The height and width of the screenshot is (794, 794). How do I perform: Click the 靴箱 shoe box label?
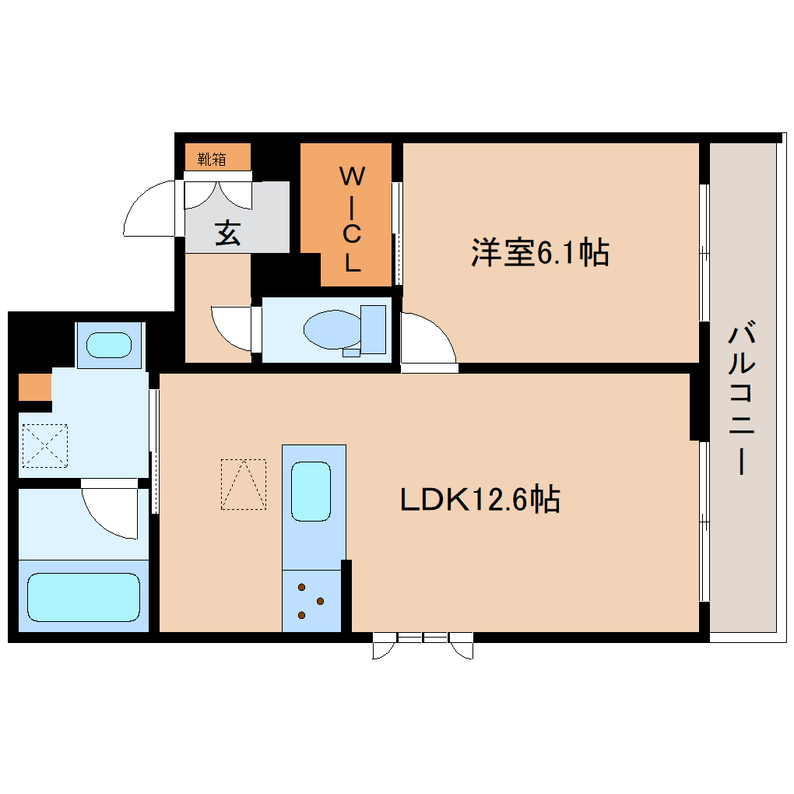click(212, 160)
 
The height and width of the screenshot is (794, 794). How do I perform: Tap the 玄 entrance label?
click(227, 233)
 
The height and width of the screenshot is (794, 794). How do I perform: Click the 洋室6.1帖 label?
click(539, 252)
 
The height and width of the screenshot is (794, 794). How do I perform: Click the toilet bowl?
click(331, 330)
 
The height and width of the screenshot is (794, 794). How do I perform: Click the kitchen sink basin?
click(311, 491)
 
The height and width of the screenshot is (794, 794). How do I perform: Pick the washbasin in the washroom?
click(109, 345)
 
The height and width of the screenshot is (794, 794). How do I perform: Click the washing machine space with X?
click(45, 445)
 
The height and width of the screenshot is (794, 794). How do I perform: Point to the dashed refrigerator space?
click(244, 484)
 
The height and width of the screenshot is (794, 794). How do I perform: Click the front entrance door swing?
click(150, 209)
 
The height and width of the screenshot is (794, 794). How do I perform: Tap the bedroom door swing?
click(426, 339)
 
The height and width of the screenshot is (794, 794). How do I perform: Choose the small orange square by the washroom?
click(34, 387)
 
